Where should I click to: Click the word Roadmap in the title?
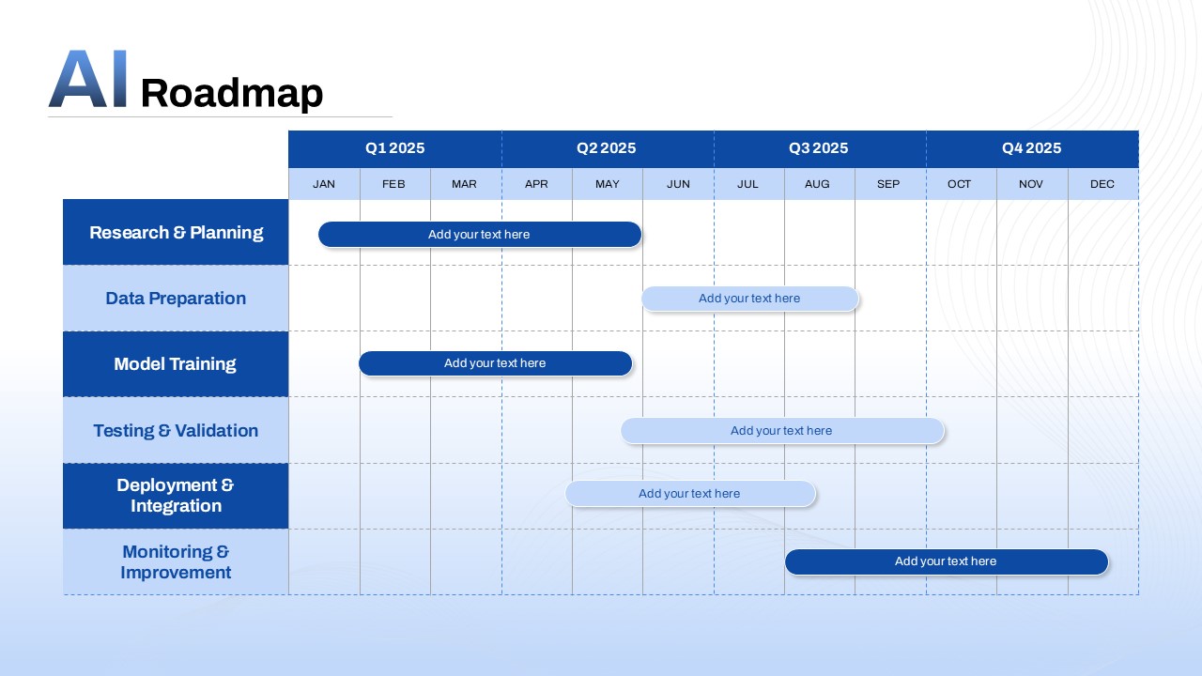coord(231,94)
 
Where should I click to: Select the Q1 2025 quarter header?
coord(394,148)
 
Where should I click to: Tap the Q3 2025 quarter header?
coord(819,148)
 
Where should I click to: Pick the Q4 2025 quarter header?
coord(1031,148)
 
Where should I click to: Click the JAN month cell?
coord(324,184)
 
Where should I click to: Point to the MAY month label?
coord(608,184)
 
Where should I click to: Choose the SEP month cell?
coord(888,184)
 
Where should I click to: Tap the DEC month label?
coord(1102,184)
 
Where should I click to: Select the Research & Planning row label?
coord(176,232)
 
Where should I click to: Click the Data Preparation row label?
coord(176,299)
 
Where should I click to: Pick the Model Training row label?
coord(176,364)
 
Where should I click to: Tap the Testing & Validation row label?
coord(176,430)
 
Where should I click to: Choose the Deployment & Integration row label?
coord(176,496)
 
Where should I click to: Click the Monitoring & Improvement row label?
coord(176,561)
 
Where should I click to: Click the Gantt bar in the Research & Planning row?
coord(479,235)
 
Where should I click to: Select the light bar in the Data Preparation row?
coord(749,299)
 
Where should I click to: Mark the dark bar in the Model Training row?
coord(495,363)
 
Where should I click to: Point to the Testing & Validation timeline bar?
coord(781,431)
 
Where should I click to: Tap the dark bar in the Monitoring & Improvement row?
coord(946,561)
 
